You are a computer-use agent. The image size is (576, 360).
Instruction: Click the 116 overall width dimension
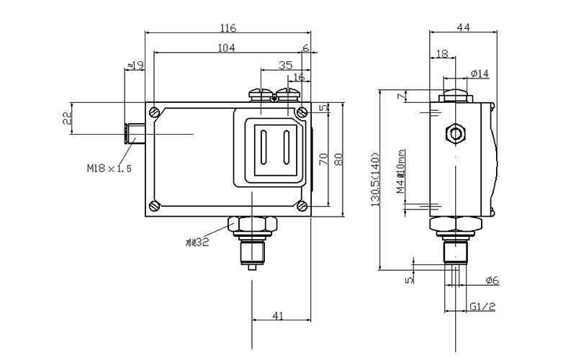228,28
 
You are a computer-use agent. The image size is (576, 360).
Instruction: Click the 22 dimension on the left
67,119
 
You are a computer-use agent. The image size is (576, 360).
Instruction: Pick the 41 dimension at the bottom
279,315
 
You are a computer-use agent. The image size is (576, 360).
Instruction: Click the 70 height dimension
324,158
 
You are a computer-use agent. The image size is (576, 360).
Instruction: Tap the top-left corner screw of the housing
156,112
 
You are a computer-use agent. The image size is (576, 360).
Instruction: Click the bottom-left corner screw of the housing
156,205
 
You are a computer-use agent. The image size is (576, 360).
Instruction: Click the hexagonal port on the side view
455,132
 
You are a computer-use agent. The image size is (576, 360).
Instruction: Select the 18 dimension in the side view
442,54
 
